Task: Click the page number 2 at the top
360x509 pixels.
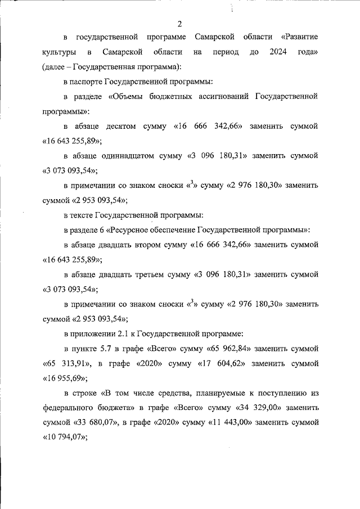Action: point(179,23)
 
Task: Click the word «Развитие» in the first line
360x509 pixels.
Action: point(299,38)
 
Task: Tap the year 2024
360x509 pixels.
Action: point(278,52)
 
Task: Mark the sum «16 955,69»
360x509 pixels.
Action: point(63,377)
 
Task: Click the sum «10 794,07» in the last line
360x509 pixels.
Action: point(63,436)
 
